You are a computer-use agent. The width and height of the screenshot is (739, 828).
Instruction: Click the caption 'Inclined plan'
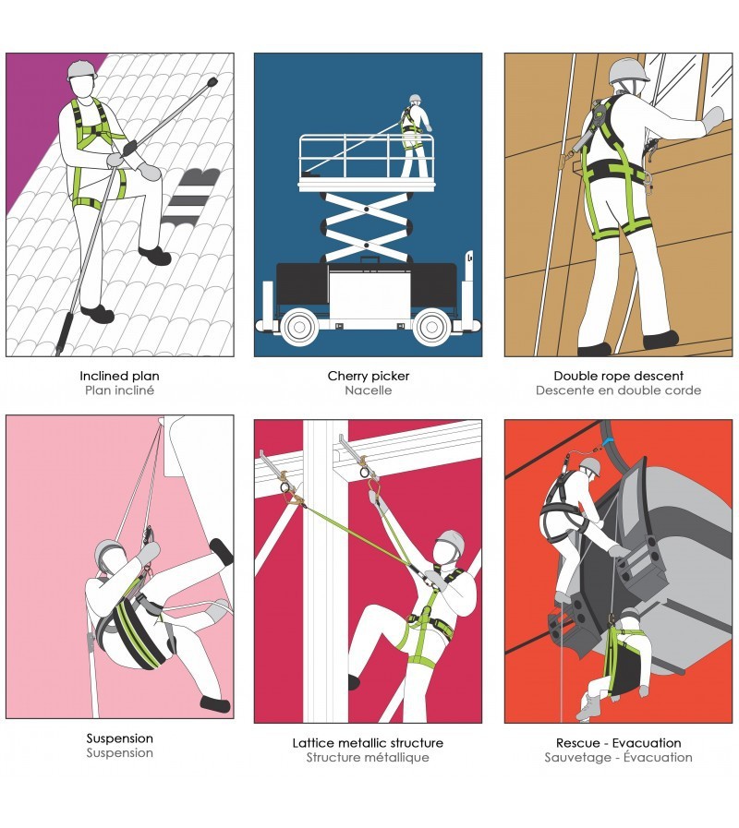point(119,376)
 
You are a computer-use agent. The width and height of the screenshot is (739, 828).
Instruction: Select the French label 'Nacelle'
point(369,390)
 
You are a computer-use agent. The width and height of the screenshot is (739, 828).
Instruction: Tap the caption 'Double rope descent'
point(619,376)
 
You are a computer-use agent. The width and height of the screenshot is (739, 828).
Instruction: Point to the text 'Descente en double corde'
point(619,390)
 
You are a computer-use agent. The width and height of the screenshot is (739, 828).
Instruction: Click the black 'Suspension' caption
point(119,738)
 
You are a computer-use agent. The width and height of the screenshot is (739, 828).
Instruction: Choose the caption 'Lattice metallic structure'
point(368,743)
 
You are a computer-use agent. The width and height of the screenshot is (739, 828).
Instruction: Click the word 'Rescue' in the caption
point(577,743)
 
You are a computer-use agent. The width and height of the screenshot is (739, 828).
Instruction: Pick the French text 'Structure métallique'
point(368,758)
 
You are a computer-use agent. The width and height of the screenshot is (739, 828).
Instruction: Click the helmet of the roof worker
point(82,69)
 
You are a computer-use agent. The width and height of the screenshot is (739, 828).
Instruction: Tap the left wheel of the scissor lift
point(299,328)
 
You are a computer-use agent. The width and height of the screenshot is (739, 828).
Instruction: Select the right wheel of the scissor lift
point(431,328)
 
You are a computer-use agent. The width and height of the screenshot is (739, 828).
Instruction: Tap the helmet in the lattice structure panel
point(452,541)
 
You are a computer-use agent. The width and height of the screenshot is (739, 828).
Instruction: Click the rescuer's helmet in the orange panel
point(591,466)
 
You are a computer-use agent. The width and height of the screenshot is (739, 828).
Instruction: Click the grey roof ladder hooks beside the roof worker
point(191,196)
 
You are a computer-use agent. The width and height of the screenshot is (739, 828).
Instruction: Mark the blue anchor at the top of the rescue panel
point(608,440)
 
